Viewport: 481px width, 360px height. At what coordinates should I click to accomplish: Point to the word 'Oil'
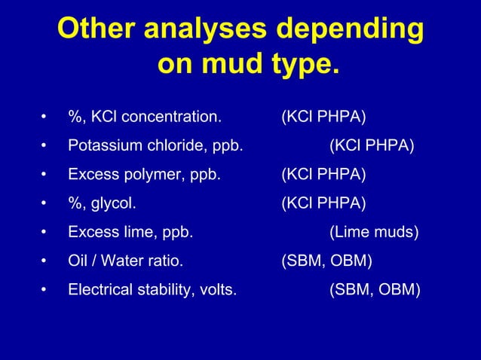tap(77, 261)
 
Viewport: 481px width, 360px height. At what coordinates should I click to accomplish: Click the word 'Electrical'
tap(98, 289)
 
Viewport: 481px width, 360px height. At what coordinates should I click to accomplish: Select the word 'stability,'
tap(164, 289)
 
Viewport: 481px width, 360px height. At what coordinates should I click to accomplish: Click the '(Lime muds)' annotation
tap(374, 232)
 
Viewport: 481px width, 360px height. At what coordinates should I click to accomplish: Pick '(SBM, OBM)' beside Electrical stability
tap(375, 289)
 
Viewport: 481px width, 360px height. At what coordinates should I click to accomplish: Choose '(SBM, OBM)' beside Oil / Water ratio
tap(326, 261)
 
